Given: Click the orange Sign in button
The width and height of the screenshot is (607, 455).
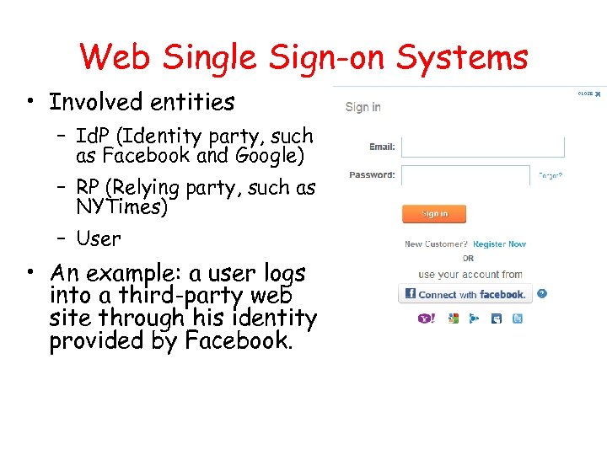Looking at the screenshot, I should point(434,214).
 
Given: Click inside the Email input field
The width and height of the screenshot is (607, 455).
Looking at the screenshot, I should point(482,147).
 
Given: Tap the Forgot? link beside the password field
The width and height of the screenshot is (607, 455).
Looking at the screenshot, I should point(551,176).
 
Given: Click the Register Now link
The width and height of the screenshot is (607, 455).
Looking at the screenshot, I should point(499,244).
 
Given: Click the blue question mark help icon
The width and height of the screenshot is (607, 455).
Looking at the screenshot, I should point(542,294).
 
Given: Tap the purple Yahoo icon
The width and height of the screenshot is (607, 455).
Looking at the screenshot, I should point(426,318).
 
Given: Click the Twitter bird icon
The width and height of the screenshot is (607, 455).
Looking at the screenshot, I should point(518,318).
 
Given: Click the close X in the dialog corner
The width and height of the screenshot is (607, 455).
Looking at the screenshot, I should point(598,94).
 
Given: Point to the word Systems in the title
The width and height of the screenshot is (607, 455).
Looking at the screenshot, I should point(462,57).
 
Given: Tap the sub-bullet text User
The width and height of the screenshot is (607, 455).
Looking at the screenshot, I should point(99,239).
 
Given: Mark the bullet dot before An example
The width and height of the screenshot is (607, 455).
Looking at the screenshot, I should point(30,271).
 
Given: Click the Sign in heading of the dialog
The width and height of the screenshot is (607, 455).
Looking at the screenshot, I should point(363,107).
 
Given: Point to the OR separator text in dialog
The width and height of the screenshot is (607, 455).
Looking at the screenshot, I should point(468,259).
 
